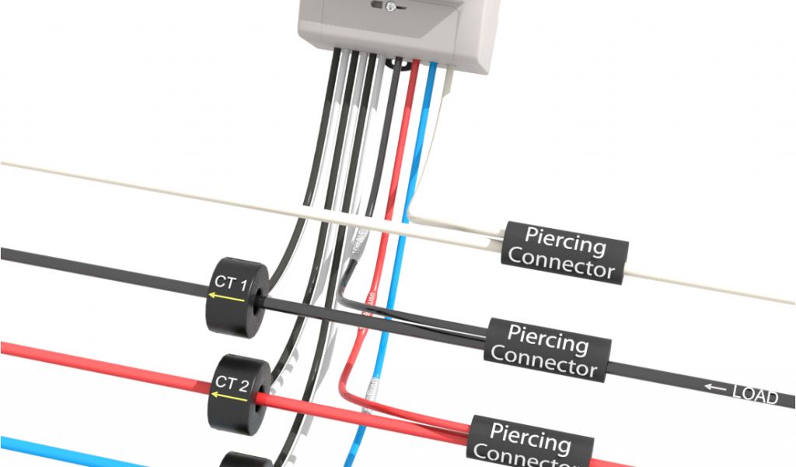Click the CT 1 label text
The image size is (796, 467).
coord(230,283)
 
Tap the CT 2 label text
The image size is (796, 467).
coord(231,381)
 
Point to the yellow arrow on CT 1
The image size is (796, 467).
coord(225,297)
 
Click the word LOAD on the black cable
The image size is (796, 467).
coord(755,396)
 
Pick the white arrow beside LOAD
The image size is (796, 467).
coord(714,388)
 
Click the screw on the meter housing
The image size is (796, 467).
coord(391,6)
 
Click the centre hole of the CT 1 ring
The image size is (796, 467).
coord(256,298)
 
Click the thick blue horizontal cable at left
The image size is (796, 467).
coord(47,449)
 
